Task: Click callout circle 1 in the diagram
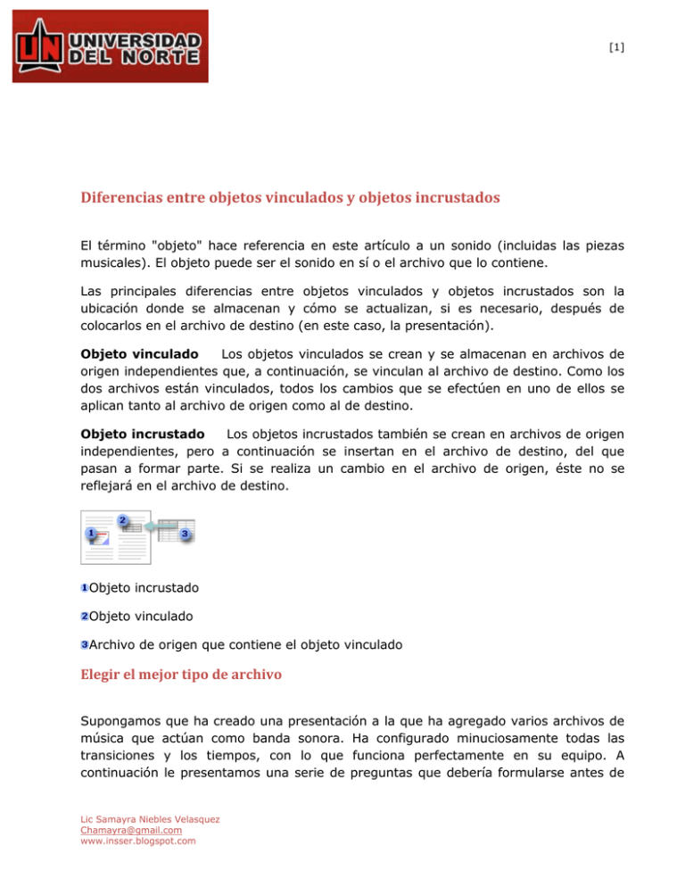tap(91, 534)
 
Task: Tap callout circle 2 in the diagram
tap(121, 520)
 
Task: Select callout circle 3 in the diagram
tap(184, 534)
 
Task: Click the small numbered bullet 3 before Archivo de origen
tap(83, 644)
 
